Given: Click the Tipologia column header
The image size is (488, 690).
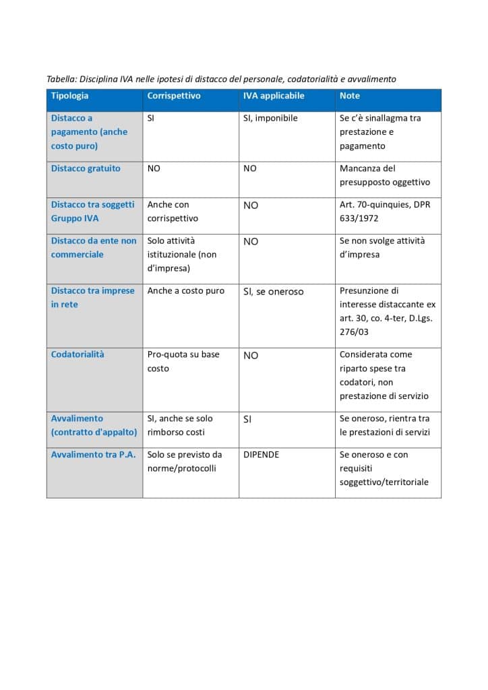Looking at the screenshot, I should click(69, 96).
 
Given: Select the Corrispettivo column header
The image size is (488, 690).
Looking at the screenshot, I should click(174, 96).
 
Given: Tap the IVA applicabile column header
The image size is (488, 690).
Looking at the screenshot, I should click(274, 96).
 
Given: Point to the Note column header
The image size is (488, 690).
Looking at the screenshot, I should click(350, 96).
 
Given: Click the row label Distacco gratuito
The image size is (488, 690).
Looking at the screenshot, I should click(86, 168).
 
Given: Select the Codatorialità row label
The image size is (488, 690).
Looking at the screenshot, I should click(78, 354).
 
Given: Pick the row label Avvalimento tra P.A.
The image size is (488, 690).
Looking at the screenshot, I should click(93, 454).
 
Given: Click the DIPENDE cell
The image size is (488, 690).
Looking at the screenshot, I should click(261, 454).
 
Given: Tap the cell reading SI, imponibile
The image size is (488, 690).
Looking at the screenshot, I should click(270, 118).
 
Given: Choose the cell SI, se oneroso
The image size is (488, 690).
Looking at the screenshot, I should click(273, 292).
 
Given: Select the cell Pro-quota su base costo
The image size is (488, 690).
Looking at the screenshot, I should click(183, 361).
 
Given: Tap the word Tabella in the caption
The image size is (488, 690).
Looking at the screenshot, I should click(61, 80).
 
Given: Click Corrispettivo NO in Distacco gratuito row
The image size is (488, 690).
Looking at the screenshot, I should click(154, 168).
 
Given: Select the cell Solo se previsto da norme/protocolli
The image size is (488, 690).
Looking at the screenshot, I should click(184, 461).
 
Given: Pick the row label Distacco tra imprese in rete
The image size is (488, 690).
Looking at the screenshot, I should click(92, 297).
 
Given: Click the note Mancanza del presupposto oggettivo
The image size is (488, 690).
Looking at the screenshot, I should click(384, 175).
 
